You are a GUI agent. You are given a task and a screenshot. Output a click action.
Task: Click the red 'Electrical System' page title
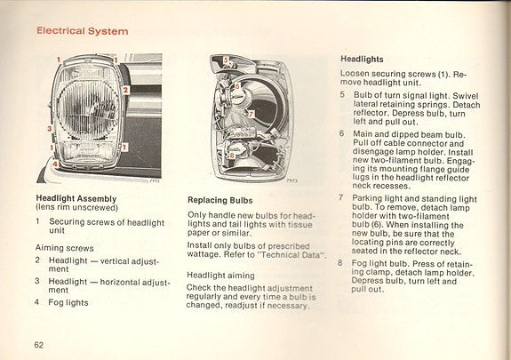click(82, 31)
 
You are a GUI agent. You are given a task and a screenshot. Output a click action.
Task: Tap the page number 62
click(40, 344)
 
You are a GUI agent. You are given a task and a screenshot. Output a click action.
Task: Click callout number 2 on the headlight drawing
click(126, 90)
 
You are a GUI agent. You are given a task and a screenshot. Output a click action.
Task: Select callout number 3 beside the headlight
click(50, 129)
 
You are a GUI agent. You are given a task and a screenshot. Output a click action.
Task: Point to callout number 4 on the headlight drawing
click(55, 164)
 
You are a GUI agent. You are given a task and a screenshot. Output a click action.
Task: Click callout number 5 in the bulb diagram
click(226, 61)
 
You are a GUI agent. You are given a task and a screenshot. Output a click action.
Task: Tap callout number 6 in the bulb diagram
click(236, 84)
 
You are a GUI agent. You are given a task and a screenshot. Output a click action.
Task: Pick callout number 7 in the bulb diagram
click(252, 115)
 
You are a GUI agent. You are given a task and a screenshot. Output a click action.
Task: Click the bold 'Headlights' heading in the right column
click(362, 59)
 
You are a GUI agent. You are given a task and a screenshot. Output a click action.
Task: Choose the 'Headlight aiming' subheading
click(220, 275)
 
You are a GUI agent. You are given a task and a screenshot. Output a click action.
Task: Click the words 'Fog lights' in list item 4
click(68, 302)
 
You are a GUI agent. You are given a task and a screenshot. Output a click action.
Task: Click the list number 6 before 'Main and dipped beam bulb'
click(341, 133)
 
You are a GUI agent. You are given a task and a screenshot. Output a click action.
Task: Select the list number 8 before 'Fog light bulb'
click(341, 262)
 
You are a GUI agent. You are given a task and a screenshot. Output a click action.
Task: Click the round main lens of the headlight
click(84, 111)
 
